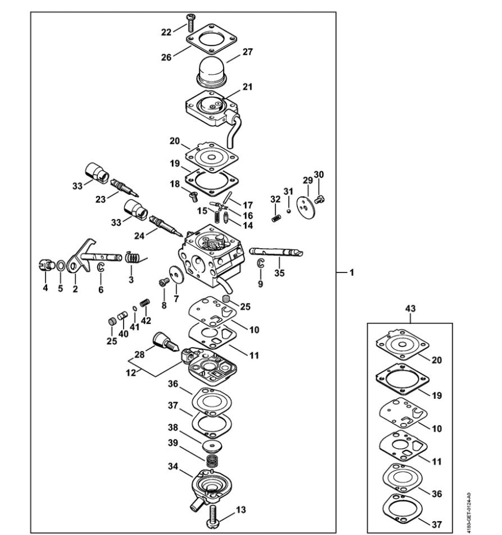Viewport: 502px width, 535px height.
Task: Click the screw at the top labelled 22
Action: coord(190,23)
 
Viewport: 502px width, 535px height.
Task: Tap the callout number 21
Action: coord(247,87)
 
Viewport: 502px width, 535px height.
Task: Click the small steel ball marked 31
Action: coord(289,211)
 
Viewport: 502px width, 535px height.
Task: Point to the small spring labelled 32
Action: coord(276,218)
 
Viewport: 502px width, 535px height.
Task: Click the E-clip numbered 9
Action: coord(260,263)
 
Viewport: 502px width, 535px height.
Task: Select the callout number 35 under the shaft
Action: coord(279,273)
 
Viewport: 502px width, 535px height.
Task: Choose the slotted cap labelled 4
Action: coord(46,265)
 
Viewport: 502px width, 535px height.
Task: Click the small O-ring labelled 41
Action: coord(135,309)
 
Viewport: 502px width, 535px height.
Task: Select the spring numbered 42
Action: coord(145,303)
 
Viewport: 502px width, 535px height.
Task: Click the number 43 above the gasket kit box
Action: coord(410,309)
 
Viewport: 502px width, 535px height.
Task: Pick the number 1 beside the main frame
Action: coord(351,272)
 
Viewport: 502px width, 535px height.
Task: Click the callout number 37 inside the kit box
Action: coord(437,524)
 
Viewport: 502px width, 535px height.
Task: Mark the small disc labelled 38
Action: coord(212,447)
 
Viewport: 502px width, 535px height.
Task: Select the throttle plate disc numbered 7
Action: coord(177,275)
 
